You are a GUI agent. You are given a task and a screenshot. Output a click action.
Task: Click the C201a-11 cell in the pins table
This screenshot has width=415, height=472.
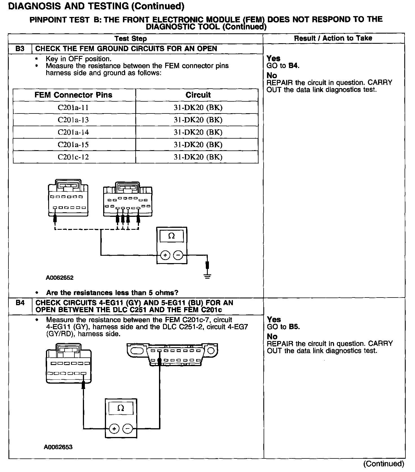[x=73, y=108]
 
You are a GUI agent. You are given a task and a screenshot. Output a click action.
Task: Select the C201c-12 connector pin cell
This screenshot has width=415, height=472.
[x=73, y=157]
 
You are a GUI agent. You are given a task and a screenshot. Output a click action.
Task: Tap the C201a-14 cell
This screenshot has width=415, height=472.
[x=73, y=132]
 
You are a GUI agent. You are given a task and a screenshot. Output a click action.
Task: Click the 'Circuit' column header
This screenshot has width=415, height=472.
[x=198, y=95]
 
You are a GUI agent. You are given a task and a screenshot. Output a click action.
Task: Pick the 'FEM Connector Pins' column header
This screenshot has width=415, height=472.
[x=73, y=95]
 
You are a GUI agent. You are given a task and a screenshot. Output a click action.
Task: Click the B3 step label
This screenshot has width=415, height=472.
[x=20, y=49]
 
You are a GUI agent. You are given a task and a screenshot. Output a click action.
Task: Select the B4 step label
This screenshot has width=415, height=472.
[x=20, y=303]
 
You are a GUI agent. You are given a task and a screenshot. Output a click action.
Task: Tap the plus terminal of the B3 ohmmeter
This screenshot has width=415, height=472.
[x=165, y=255]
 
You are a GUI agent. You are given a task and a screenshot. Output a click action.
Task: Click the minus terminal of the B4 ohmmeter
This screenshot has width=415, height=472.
[x=128, y=429]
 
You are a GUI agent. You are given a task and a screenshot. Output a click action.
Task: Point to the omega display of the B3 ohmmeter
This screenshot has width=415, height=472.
[x=171, y=236]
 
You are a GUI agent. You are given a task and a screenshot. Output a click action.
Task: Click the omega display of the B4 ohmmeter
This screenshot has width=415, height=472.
[x=121, y=408]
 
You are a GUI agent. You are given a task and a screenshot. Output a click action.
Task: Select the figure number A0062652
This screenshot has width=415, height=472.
[x=59, y=278]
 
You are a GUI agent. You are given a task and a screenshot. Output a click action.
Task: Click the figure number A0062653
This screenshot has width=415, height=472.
[x=58, y=447]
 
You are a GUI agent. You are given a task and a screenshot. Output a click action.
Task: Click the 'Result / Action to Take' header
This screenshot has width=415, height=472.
[x=333, y=38]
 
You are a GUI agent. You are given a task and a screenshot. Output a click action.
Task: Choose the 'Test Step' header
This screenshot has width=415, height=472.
[x=131, y=39]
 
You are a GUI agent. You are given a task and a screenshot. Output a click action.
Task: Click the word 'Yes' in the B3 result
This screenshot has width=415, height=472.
[x=273, y=58]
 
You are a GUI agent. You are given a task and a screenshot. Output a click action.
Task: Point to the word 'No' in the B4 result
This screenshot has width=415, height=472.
[x=272, y=336]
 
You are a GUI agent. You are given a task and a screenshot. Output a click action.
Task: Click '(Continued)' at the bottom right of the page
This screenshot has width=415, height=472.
[x=384, y=464]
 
